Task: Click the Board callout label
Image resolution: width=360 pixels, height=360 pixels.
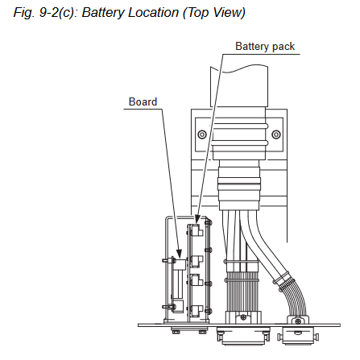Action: (x=143, y=101)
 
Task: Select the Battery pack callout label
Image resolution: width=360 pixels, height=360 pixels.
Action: (x=265, y=47)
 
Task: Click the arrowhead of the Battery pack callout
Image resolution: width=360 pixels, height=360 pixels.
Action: (x=197, y=219)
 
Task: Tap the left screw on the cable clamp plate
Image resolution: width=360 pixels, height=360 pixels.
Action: (x=202, y=134)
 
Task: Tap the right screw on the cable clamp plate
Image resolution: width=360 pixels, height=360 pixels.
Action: (x=276, y=134)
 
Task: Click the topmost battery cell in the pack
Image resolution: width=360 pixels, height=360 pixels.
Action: (x=196, y=230)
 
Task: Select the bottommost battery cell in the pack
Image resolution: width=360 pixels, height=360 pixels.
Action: (x=196, y=311)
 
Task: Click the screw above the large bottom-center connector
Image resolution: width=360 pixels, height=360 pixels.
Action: (x=243, y=317)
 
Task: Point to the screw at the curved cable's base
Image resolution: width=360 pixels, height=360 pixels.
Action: (x=298, y=321)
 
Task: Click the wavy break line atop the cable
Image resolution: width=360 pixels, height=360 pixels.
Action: (x=239, y=68)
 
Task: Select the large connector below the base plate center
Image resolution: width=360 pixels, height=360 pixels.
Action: (x=243, y=335)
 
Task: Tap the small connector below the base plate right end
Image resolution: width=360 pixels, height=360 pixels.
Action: (x=298, y=336)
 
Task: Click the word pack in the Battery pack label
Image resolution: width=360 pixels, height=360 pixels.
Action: (x=283, y=47)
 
